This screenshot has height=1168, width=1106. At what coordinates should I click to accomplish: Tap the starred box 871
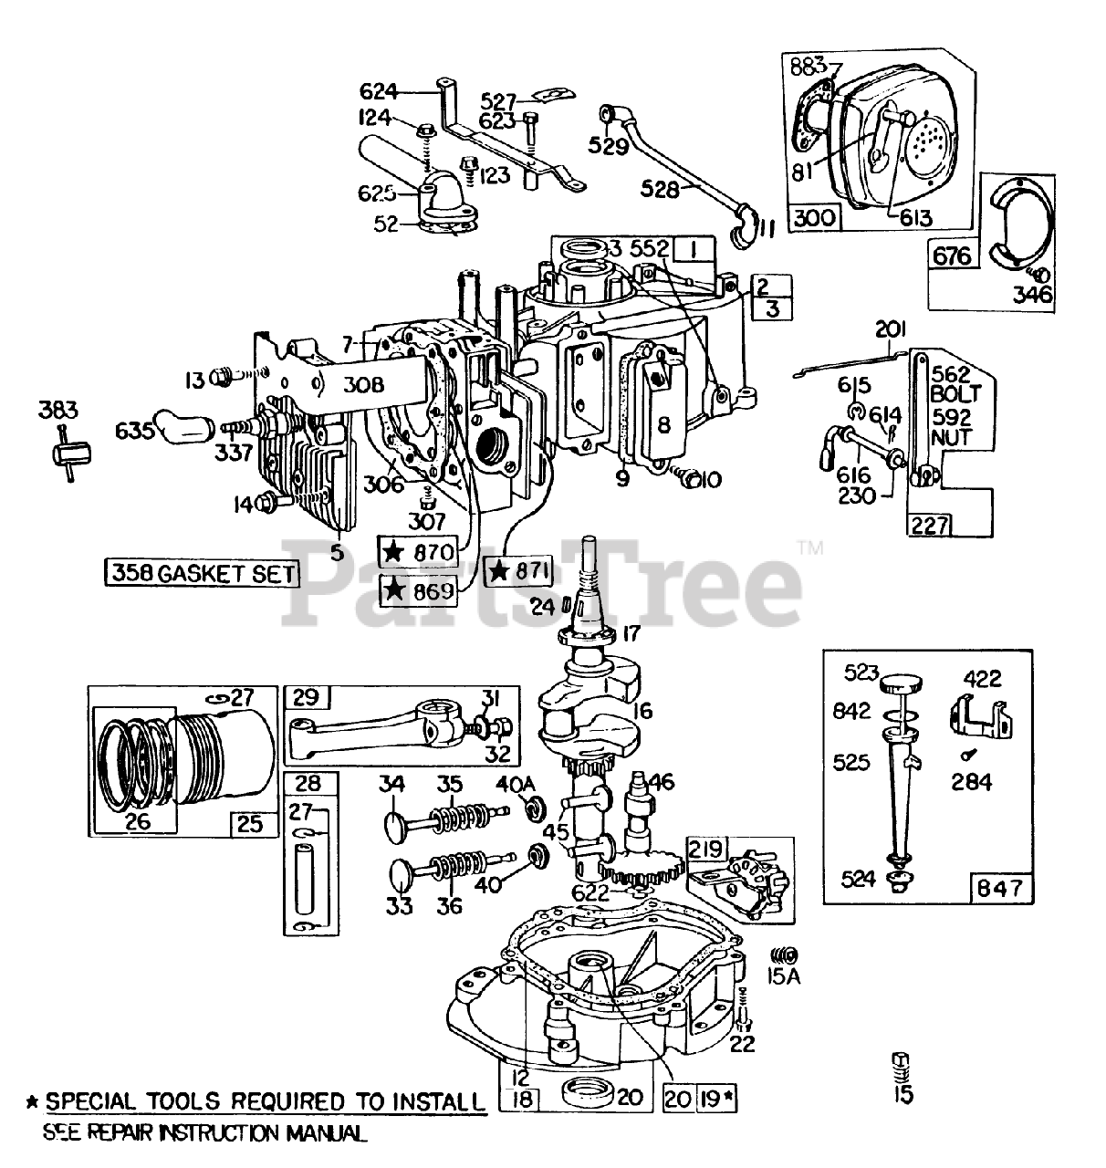tap(519, 571)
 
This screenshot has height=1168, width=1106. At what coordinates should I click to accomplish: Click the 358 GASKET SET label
tap(201, 573)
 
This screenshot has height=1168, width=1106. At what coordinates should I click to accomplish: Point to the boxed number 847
tap(1000, 886)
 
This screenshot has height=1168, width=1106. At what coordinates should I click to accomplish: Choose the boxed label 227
tap(928, 525)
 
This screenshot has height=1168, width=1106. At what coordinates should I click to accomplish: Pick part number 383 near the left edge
tap(58, 412)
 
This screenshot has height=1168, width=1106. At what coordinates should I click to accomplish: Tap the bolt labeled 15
tap(902, 1064)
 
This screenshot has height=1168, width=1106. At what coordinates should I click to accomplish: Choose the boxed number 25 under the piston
tap(250, 824)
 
